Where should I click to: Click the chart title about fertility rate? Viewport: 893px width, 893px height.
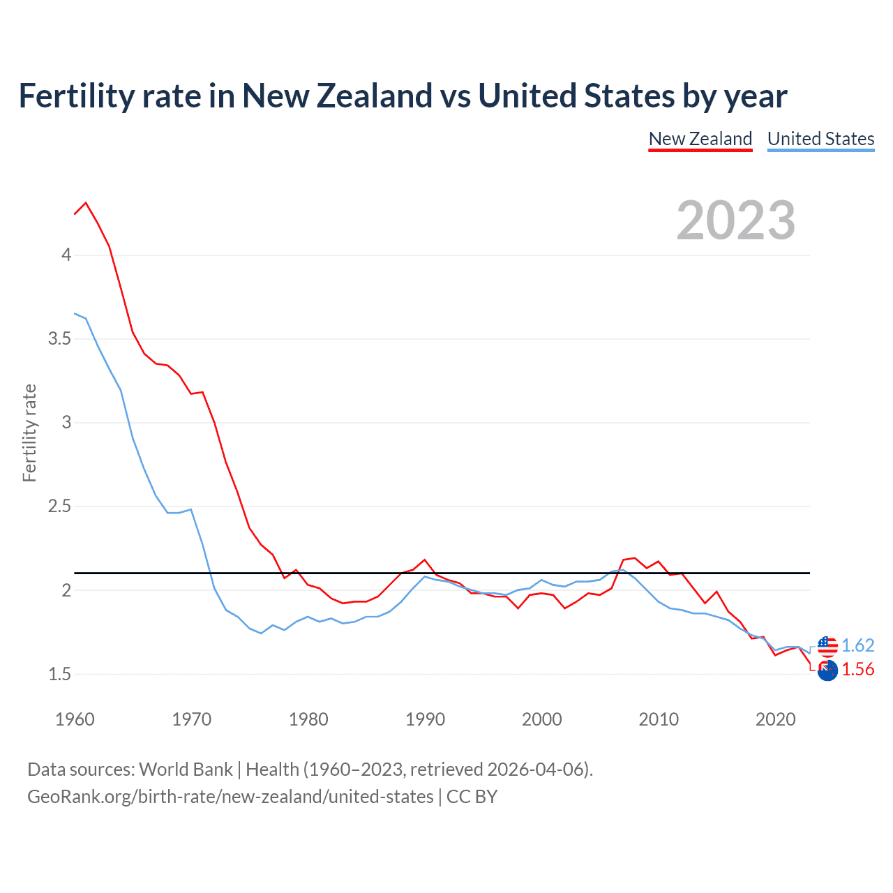click(x=403, y=96)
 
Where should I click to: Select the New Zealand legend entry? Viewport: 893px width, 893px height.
click(x=700, y=139)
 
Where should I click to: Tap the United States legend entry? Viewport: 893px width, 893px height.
click(x=820, y=139)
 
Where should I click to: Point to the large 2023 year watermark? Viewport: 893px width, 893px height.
click(x=736, y=220)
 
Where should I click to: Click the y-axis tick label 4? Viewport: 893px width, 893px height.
click(x=66, y=255)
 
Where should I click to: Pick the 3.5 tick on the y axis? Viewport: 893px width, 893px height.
click(x=59, y=339)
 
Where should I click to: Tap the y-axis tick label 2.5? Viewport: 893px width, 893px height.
click(x=59, y=506)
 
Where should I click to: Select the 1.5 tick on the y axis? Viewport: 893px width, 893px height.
click(x=59, y=674)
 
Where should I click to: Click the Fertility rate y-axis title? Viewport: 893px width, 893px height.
click(x=29, y=433)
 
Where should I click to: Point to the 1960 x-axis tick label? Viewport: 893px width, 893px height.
click(x=75, y=719)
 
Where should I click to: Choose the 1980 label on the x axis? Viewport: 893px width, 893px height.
click(x=308, y=719)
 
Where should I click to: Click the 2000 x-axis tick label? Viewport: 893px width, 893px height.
click(x=541, y=719)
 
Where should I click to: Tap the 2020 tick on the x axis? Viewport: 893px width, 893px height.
click(x=775, y=719)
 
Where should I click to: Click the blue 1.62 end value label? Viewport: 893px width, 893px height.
click(x=857, y=645)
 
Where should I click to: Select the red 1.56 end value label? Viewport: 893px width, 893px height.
click(x=857, y=669)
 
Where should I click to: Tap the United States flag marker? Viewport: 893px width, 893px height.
click(x=827, y=646)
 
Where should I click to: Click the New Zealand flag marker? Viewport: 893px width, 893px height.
click(x=827, y=670)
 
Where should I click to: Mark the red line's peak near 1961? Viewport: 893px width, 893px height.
click(x=86, y=203)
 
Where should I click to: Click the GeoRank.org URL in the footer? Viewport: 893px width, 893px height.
click(x=230, y=797)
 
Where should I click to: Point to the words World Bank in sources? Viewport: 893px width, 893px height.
click(x=186, y=770)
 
